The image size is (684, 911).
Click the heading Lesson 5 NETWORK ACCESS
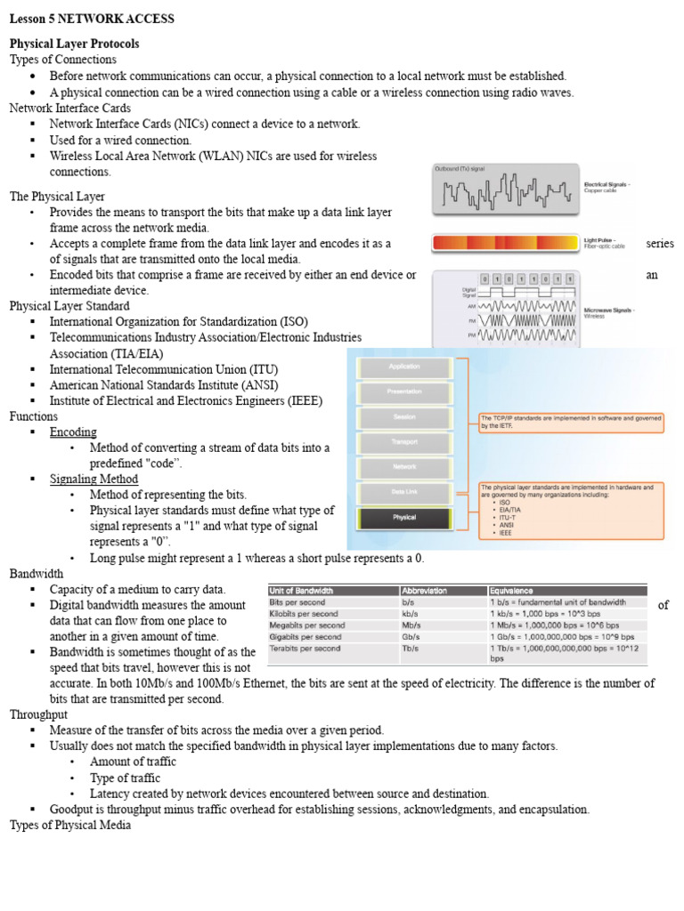pyautogui.click(x=92, y=19)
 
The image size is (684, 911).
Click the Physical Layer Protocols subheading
pyautogui.click(x=74, y=44)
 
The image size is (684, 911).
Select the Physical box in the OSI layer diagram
pyautogui.click(x=404, y=518)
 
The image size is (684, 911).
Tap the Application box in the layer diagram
pyautogui.click(x=404, y=367)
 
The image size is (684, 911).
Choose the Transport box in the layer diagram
pyautogui.click(x=404, y=441)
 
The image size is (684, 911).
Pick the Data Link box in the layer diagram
pyautogui.click(x=404, y=491)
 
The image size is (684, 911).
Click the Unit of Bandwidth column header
pyautogui.click(x=302, y=591)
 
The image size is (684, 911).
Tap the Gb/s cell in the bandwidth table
pyautogui.click(x=411, y=637)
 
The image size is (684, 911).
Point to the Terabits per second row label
pyautogui.click(x=305, y=649)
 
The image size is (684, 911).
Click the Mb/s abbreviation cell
pyautogui.click(x=411, y=625)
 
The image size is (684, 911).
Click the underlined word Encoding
pyautogui.click(x=73, y=432)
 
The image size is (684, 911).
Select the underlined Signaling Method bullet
pyautogui.click(x=94, y=480)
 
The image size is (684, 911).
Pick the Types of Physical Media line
pyautogui.click(x=70, y=826)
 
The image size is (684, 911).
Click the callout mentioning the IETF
pyautogui.click(x=570, y=422)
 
